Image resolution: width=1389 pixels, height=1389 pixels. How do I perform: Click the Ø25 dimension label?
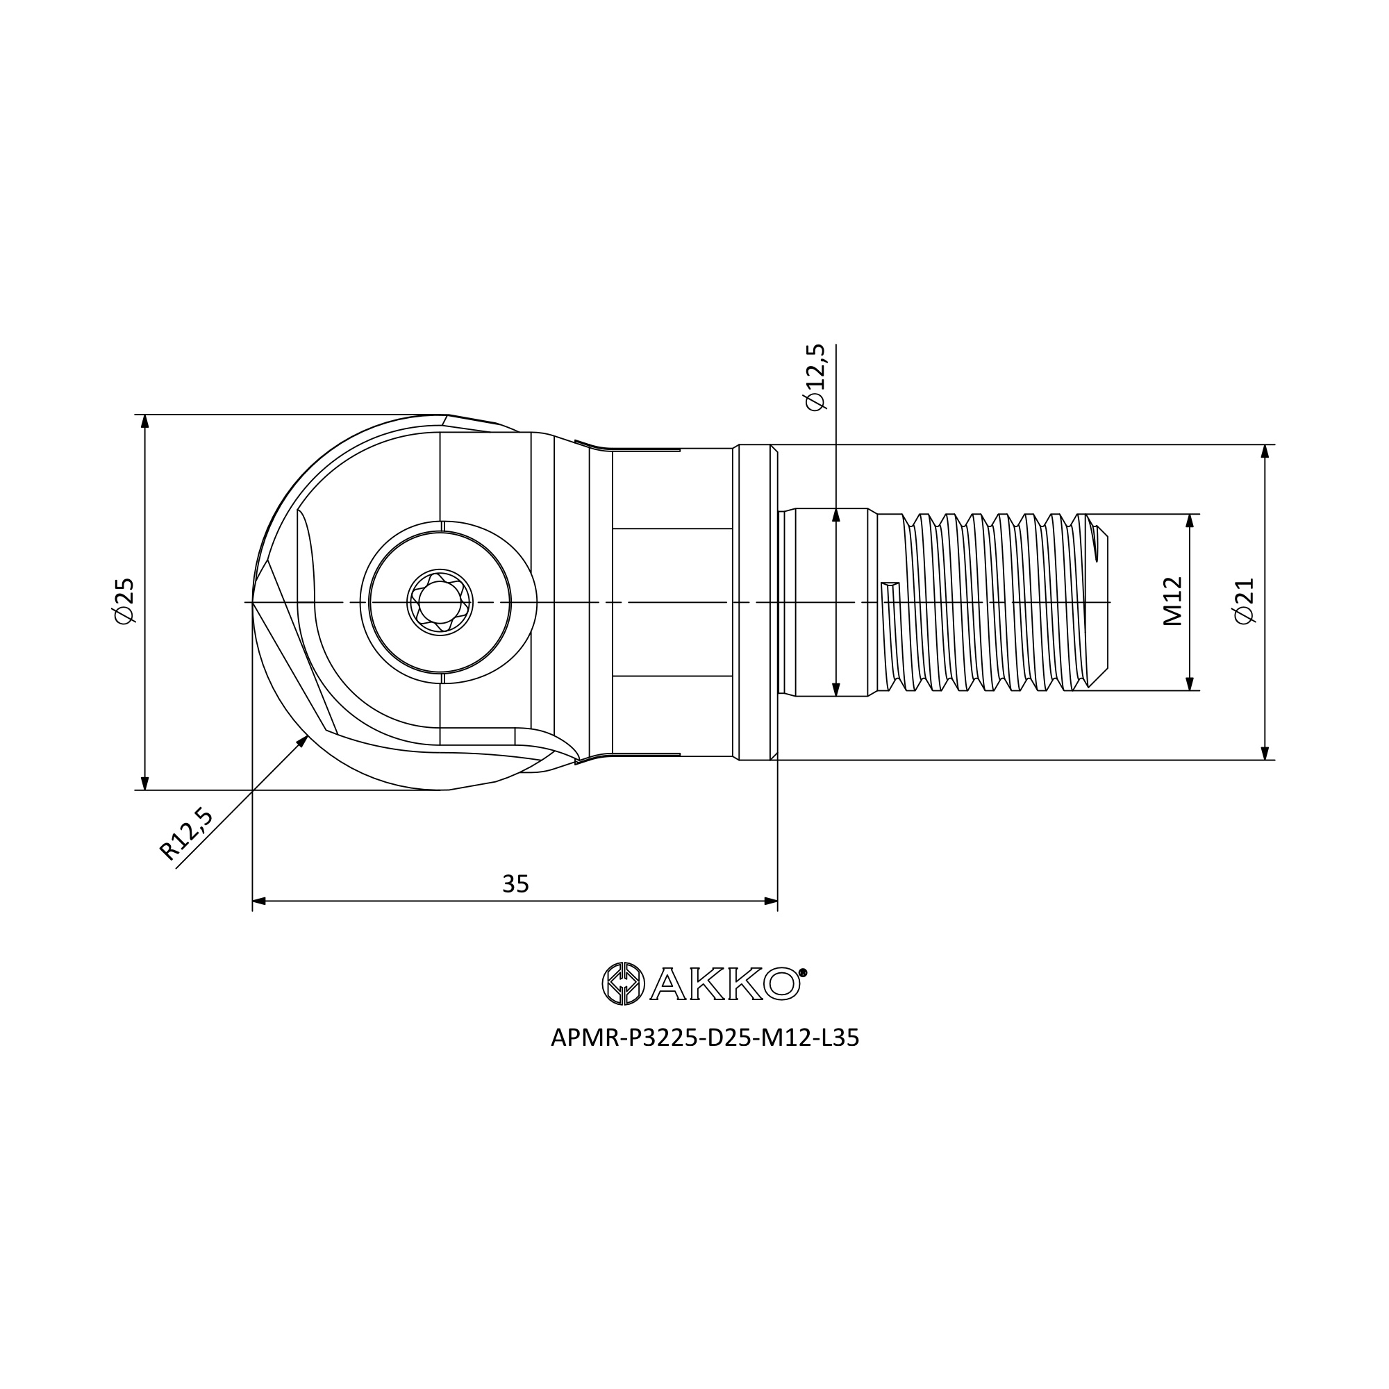(x=124, y=601)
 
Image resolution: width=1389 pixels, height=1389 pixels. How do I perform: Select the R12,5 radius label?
(x=186, y=834)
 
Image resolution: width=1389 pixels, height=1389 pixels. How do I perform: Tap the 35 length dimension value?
(x=515, y=883)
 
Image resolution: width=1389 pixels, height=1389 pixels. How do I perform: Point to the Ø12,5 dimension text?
(x=815, y=377)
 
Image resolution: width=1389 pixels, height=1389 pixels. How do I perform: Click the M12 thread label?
(x=1172, y=601)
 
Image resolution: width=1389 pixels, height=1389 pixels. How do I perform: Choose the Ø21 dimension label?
(x=1243, y=601)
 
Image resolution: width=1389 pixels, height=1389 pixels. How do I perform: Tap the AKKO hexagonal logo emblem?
(x=622, y=983)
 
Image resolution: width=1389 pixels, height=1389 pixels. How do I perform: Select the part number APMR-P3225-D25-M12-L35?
(x=704, y=1038)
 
